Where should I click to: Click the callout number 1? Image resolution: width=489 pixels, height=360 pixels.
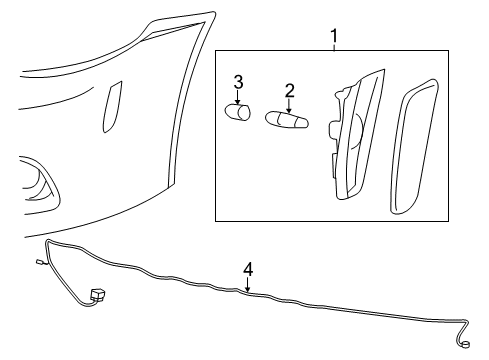click(x=334, y=37)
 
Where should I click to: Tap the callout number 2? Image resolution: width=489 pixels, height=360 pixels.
click(x=289, y=91)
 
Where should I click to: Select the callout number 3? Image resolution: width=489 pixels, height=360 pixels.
click(x=239, y=81)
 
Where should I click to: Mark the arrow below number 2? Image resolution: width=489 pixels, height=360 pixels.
click(x=289, y=105)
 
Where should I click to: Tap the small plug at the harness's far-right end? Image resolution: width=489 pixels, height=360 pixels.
click(x=467, y=346)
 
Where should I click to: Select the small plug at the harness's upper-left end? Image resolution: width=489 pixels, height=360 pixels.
click(x=37, y=264)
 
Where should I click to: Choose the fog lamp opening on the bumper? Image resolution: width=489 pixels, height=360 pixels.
click(x=40, y=182)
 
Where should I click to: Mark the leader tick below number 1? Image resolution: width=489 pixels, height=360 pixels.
click(x=334, y=49)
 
